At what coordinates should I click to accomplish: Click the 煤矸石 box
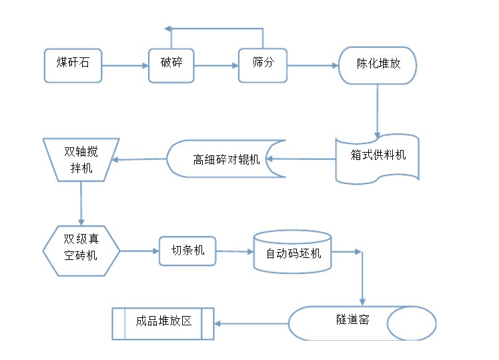[x=73, y=65]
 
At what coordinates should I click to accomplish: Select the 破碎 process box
[x=171, y=65]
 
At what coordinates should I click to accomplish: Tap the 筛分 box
[x=262, y=65]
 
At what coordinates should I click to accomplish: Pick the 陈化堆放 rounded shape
[x=378, y=65]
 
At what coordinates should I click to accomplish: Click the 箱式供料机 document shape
[x=378, y=158]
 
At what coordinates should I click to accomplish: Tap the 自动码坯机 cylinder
[x=293, y=253]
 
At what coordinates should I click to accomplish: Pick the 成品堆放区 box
[x=163, y=323]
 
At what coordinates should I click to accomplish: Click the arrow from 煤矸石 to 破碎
[x=125, y=65]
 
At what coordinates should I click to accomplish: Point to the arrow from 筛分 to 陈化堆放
[x=312, y=65]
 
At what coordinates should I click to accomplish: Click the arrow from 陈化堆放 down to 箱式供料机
[x=378, y=110]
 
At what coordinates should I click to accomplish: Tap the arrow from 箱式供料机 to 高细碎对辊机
[x=302, y=159]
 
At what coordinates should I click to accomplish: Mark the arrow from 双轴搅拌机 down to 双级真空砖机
[x=81, y=203]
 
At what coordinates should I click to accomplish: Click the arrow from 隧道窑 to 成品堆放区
[x=251, y=324]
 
